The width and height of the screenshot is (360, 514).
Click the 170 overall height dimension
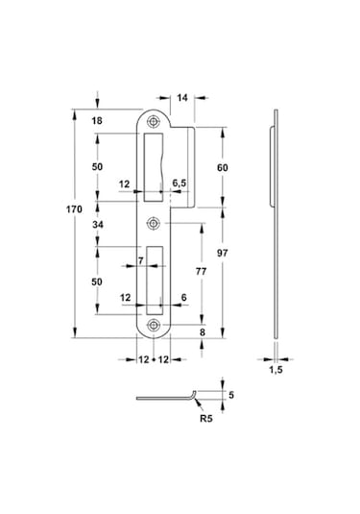point(74,209)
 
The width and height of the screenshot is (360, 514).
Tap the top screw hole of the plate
point(153,122)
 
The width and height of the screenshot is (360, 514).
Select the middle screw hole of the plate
point(153,224)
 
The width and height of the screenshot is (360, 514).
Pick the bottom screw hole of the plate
point(154,326)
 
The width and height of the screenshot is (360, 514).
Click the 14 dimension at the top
point(182,98)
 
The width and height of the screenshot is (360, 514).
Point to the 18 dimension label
point(97,121)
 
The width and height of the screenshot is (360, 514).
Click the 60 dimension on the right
point(223,167)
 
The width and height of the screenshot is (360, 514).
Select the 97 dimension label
point(223,253)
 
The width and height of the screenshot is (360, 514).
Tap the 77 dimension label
point(202,272)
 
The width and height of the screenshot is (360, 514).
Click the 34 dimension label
point(98,225)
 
